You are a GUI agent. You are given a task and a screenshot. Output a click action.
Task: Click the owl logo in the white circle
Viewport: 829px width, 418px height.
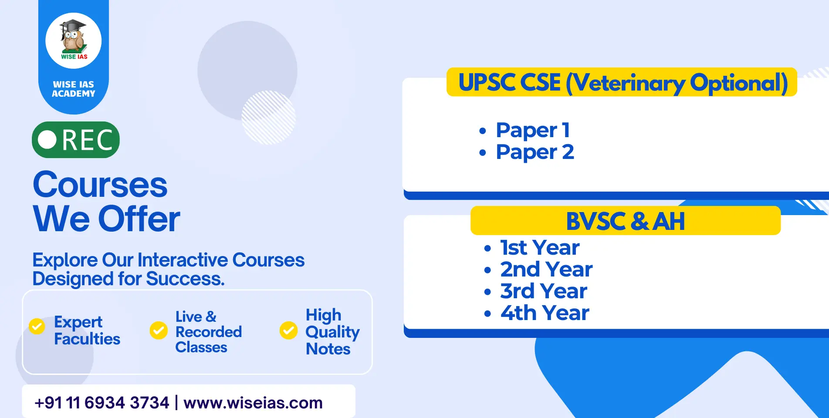tap(74, 40)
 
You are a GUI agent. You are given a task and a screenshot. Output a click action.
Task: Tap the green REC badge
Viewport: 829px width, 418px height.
tap(76, 140)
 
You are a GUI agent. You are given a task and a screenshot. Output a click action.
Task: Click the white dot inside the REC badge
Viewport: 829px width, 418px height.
tap(47, 140)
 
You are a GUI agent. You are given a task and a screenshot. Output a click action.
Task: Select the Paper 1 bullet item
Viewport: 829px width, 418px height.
tap(524, 130)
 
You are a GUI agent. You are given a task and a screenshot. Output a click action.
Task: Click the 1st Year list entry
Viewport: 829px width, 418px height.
tap(531, 248)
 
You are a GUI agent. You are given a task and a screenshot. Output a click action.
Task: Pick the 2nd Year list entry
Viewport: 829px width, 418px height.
tap(538, 270)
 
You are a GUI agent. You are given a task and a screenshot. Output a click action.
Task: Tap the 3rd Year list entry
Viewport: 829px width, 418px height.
tap(535, 291)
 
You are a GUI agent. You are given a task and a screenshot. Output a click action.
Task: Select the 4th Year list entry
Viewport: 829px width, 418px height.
tap(536, 313)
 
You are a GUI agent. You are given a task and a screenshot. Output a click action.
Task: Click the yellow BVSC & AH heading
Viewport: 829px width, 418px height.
tap(626, 221)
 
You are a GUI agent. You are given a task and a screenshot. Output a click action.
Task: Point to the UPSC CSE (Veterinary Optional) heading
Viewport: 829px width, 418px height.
tap(622, 82)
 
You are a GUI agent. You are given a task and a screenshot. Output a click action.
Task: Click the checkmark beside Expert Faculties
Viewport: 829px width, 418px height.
tap(37, 326)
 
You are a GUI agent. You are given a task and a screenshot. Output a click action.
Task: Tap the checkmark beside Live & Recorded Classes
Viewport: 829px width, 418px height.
tap(159, 330)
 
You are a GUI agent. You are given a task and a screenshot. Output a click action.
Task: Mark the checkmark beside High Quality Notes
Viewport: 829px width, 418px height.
tap(288, 330)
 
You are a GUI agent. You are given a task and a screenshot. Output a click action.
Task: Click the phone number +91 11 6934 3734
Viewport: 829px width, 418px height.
tap(102, 403)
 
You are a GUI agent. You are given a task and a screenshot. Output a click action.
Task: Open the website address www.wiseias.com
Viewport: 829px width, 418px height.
tap(253, 403)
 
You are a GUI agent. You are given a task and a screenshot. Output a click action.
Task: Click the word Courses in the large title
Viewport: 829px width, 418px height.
tap(100, 185)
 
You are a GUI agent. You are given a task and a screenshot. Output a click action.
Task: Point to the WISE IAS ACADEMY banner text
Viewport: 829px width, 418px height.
tap(74, 89)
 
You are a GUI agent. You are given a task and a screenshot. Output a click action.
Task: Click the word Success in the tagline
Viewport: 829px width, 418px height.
tap(185, 279)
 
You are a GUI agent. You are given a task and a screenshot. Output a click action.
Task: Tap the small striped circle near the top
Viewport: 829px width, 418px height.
tap(268, 118)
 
